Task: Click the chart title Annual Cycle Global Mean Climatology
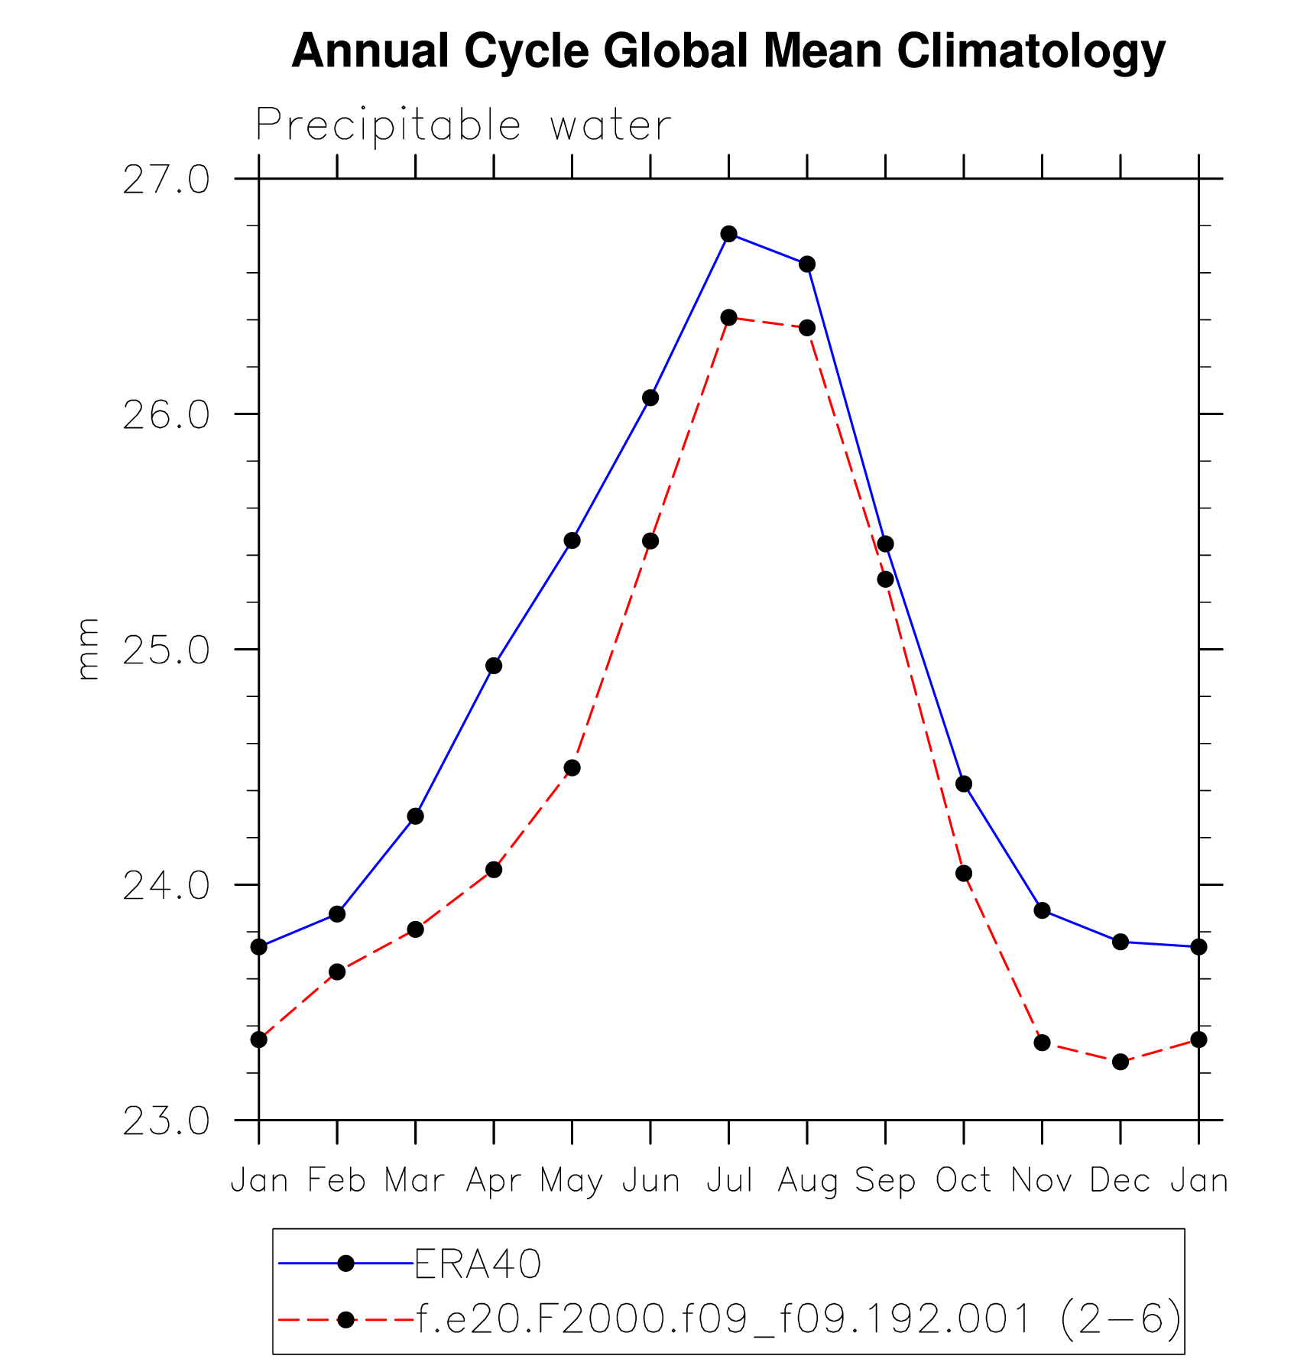pos(728,51)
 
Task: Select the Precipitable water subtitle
pos(463,125)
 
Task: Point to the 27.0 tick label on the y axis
pos(166,180)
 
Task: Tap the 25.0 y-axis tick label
pos(166,650)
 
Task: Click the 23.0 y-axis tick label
pos(166,1121)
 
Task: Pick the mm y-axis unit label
pos(88,649)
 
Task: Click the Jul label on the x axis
pos(729,1181)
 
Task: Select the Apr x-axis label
pos(494,1181)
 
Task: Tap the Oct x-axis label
pos(963,1181)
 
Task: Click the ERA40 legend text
pos(478,1264)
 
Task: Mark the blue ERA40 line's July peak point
pos(728,234)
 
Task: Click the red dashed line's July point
pos(728,317)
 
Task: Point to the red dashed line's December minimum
pos(1121,1062)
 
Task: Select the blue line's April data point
pos(494,666)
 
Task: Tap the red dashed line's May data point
pos(572,767)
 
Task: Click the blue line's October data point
pos(964,783)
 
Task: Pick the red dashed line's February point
pos(337,972)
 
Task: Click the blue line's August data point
pos(807,264)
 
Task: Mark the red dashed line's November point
pos(1042,1043)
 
